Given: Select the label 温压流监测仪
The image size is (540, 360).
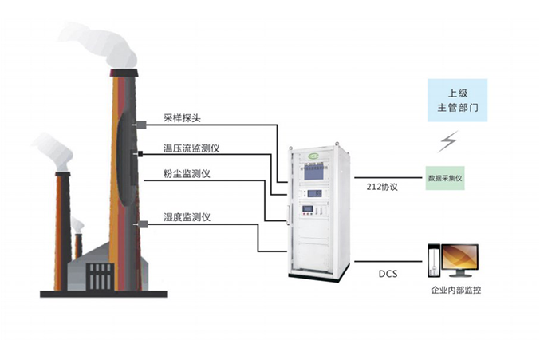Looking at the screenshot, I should [191, 150].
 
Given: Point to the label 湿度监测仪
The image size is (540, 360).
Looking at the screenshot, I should [186, 217].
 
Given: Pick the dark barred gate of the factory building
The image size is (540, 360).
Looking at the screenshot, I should [99, 278].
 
